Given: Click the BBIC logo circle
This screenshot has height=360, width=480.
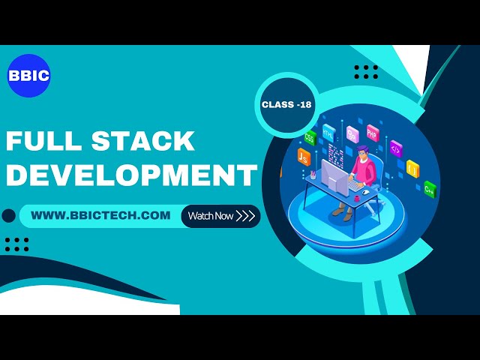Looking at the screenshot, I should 28,76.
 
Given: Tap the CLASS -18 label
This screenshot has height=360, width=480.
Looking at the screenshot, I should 286,105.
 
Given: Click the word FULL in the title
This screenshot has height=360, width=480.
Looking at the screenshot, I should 45,141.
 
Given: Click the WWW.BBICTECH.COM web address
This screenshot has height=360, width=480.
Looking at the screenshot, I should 101,215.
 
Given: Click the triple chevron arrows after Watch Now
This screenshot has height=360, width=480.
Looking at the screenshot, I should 245,216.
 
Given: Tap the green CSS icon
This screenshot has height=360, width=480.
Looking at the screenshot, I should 310,138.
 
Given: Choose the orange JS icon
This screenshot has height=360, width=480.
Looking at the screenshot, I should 304,156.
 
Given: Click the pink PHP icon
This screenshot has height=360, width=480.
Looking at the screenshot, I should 373,134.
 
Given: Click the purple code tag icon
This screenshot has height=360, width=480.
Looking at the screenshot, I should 395,148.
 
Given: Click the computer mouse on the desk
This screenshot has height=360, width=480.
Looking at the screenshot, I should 365,192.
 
